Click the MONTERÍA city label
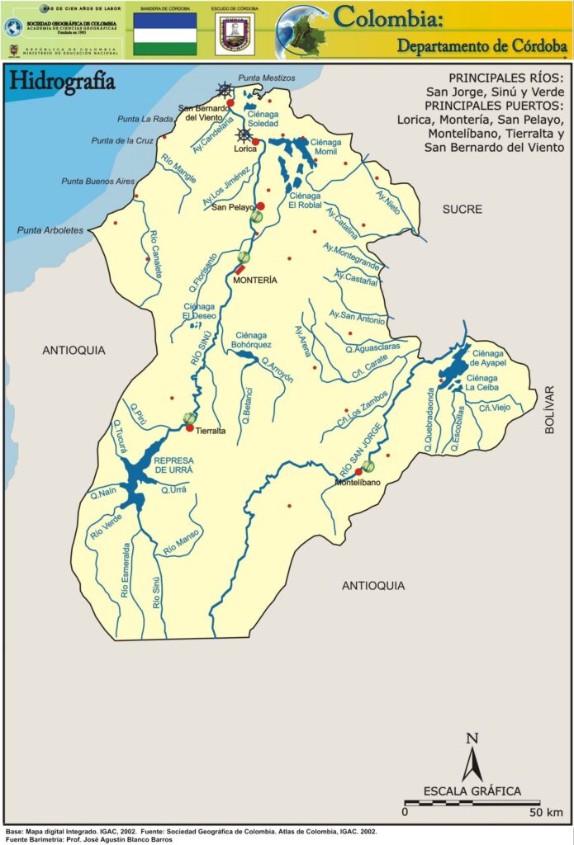[x=254, y=281]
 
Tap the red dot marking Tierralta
[x=190, y=427]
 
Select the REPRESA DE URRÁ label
[x=173, y=465]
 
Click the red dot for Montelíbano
[x=358, y=472]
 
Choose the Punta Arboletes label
[x=51, y=230]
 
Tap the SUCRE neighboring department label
[x=462, y=210]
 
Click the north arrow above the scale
[x=472, y=756]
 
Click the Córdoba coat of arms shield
[x=234, y=34]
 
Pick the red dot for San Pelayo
[x=260, y=206]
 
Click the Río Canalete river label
[x=154, y=256]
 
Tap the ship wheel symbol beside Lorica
[x=244, y=135]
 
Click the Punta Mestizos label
[x=266, y=78]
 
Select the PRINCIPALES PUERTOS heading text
[x=495, y=105]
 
